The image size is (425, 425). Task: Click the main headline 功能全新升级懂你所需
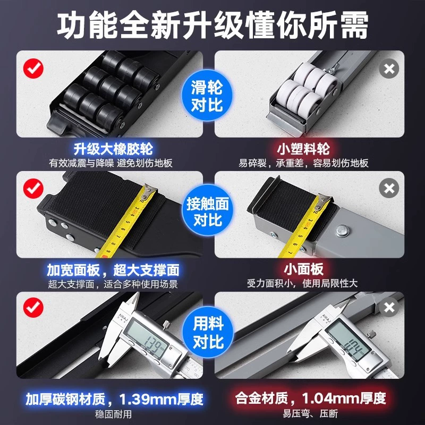212,25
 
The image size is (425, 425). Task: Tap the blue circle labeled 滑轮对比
207,95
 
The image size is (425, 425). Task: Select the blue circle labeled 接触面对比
208,211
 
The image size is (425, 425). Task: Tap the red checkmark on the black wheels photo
33,69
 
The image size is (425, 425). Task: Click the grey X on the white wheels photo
389,69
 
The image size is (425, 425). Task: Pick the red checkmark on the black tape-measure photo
33,189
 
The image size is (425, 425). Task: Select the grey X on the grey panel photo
389,188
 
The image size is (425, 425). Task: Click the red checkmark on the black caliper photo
33,308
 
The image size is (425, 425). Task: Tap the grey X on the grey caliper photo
389,308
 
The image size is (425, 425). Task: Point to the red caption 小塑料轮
303,149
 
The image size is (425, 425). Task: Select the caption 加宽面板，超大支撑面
113,270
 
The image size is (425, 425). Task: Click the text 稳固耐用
113,414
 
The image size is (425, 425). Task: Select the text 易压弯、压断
310,414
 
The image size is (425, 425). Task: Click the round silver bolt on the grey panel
343,231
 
